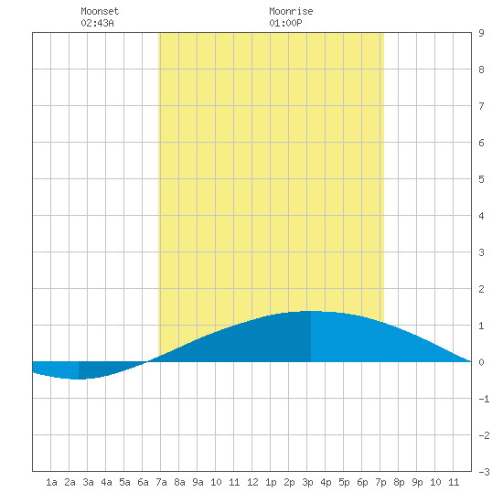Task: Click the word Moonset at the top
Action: (100, 11)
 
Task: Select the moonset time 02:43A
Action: (97, 23)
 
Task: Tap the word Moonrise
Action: (291, 11)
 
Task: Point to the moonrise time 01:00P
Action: (285, 23)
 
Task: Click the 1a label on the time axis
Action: (51, 482)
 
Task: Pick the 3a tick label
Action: (88, 482)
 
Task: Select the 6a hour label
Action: (143, 482)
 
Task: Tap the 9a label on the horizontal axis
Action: (198, 482)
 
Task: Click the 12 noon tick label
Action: (252, 482)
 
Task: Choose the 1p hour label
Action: (271, 482)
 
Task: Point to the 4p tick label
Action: (326, 482)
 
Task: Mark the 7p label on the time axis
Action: (380, 482)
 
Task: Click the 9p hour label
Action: (417, 482)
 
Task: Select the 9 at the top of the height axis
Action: (481, 33)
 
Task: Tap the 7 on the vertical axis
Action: (481, 106)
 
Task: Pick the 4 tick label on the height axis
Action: (481, 216)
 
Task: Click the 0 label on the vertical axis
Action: (481, 362)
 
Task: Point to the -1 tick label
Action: (484, 399)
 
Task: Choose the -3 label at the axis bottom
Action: (484, 472)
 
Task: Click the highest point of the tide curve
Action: (311, 311)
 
